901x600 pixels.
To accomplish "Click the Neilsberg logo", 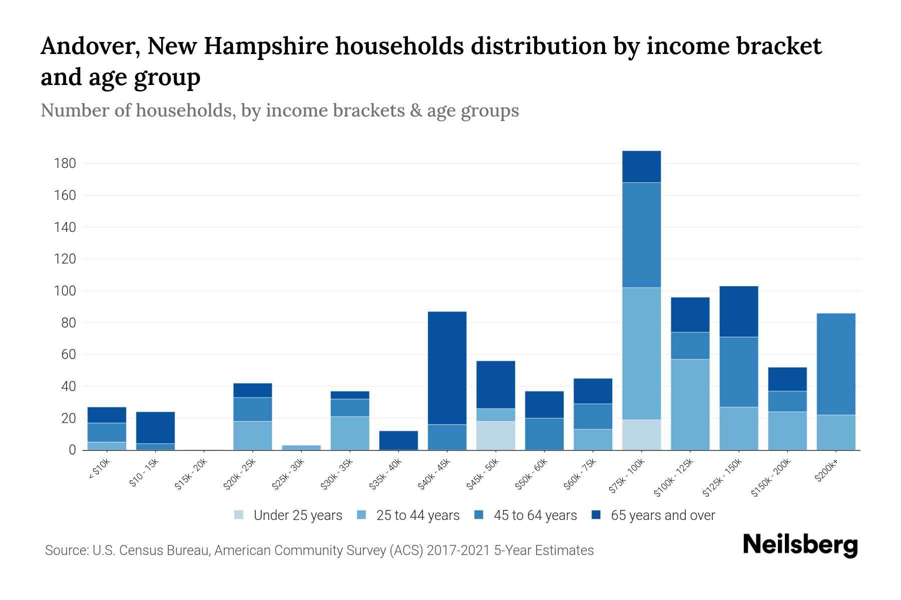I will tap(800, 545).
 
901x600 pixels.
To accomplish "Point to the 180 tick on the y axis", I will tap(66, 163).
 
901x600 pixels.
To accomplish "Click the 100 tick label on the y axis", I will tap(66, 291).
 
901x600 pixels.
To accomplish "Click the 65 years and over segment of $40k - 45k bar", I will tap(447, 368).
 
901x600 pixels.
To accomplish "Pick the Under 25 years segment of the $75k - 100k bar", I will tap(641, 434).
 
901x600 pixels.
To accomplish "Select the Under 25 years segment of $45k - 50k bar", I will tap(496, 435).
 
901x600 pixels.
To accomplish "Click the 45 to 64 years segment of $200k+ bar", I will tap(835, 364).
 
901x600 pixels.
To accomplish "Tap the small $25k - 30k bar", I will tap(301, 447).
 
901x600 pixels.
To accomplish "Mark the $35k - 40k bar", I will tap(398, 440).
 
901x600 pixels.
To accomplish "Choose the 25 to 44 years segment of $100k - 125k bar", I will tap(690, 404).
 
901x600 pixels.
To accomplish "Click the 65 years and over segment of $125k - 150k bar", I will tap(738, 311).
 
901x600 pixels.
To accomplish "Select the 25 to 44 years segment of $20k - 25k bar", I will tap(253, 435).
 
